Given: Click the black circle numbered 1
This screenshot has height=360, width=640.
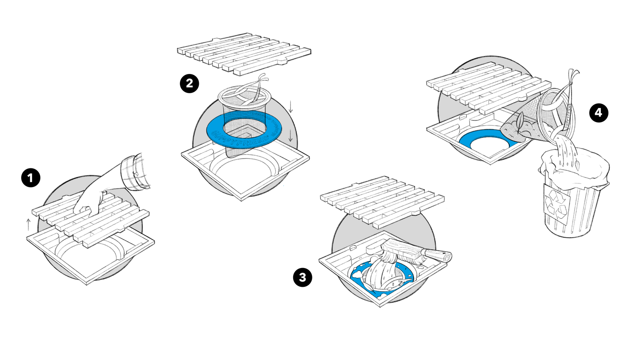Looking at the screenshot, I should pyautogui.click(x=31, y=178).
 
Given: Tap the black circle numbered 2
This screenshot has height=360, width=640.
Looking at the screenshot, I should pyautogui.click(x=189, y=83).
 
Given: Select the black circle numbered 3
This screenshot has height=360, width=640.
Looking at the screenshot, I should pyautogui.click(x=302, y=278).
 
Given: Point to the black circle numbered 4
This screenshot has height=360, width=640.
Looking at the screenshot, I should pyautogui.click(x=598, y=113).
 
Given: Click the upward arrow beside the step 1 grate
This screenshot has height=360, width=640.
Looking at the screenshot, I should pyautogui.click(x=28, y=224).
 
